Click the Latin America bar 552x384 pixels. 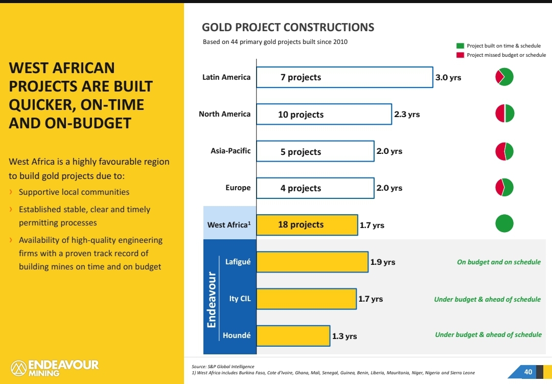coord(344,77)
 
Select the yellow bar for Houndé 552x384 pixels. coord(293,335)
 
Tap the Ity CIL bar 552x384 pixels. coord(306,299)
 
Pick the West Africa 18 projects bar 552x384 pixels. coord(307,224)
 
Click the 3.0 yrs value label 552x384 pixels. coord(448,78)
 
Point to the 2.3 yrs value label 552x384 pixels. coord(407,114)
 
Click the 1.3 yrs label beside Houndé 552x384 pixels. coord(344,336)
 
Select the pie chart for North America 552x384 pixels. coord(504,114)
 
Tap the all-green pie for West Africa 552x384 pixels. coord(504,223)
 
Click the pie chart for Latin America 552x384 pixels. coord(504,77)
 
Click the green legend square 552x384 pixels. coord(460,46)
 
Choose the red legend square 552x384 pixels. coord(460,55)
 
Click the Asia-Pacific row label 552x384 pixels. coord(231,151)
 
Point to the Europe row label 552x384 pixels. coord(238,188)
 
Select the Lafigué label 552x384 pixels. coord(238,262)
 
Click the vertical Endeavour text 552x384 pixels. coord(211,299)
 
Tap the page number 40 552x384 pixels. coord(528,371)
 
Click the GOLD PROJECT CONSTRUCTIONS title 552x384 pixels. coord(288,28)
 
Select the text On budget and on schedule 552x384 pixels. coord(498,262)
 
